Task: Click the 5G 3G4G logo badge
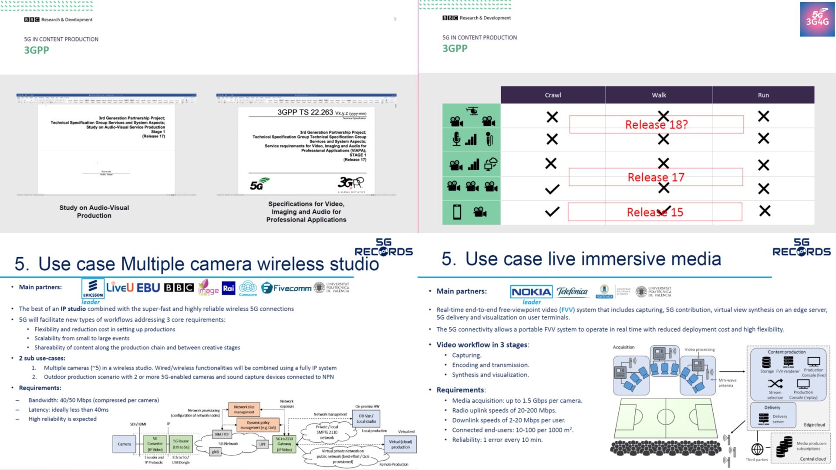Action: pos(817,19)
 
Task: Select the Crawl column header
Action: pos(553,95)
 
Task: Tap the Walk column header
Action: pos(658,95)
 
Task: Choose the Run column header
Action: pos(763,95)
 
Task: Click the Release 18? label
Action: pos(656,124)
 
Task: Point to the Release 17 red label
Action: pos(656,177)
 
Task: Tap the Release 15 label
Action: pos(655,212)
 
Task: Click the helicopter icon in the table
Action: pos(472,111)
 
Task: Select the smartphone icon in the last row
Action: pos(457,212)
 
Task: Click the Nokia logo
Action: pos(531,292)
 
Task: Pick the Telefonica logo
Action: pos(572,292)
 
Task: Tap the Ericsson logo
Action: pos(93,288)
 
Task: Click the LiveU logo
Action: pos(120,288)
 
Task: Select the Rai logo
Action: pos(229,288)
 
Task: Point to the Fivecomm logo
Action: pos(287,288)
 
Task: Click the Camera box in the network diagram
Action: pos(124,444)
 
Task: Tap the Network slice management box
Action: pos(244,410)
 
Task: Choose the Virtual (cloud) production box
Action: pos(400,444)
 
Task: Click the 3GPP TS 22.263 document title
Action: pos(305,112)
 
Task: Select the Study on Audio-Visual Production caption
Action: pos(94,211)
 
